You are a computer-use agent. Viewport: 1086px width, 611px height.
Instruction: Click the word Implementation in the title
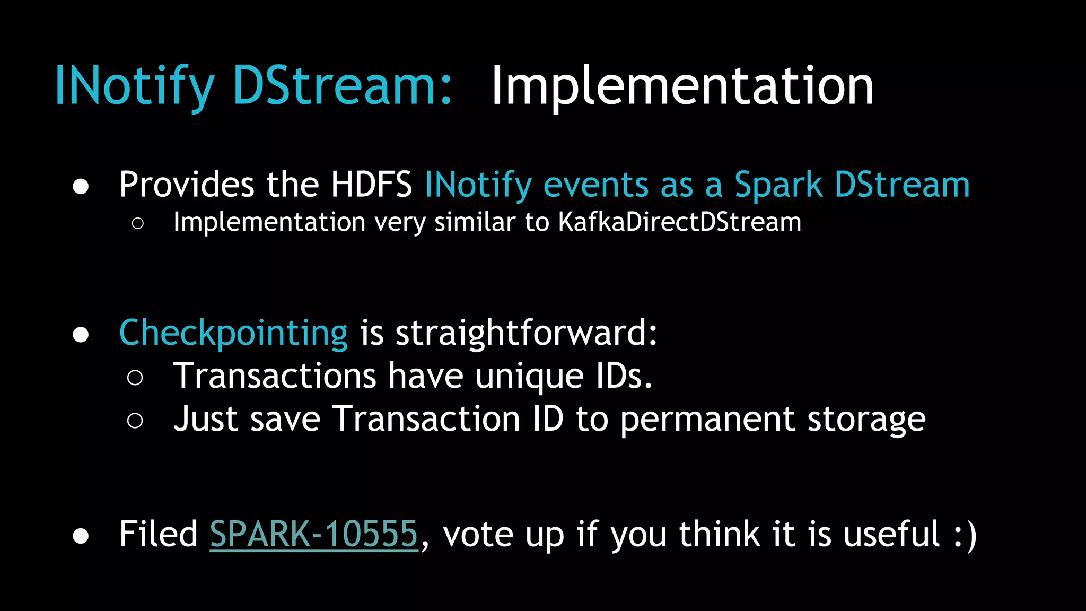tap(682, 86)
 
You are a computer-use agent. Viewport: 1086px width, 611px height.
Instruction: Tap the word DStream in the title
tap(342, 86)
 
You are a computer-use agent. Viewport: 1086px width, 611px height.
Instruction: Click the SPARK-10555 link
tap(314, 534)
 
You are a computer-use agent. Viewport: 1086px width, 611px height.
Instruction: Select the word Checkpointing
tap(233, 333)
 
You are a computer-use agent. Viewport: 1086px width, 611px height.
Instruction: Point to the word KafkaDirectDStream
tap(679, 222)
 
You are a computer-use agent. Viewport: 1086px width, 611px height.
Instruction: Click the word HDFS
tap(371, 185)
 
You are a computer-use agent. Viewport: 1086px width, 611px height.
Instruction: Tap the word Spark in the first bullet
tap(778, 185)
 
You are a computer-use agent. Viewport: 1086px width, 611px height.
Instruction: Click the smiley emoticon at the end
tap(965, 535)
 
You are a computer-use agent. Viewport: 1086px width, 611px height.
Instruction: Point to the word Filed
tap(158, 534)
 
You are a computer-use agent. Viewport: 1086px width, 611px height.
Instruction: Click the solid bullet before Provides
tap(81, 187)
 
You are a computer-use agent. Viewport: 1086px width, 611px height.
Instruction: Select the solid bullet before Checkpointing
tap(81, 335)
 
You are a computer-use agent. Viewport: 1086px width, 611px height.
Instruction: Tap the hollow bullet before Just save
tap(135, 421)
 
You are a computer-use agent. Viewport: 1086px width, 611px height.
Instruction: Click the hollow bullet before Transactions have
tap(135, 378)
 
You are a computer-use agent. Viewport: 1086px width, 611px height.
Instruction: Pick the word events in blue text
tap(596, 185)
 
